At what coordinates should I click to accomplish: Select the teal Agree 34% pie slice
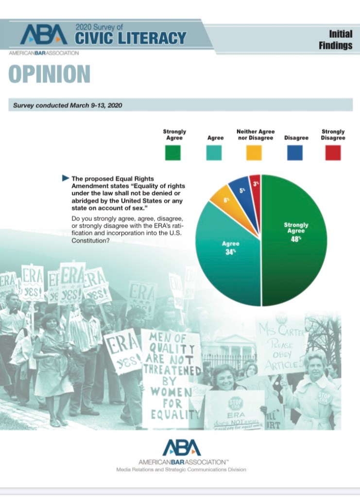[228, 252]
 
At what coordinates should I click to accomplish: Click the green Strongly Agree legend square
[172, 153]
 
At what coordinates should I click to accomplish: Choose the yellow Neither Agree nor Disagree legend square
[254, 153]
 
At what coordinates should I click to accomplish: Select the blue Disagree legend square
[295, 153]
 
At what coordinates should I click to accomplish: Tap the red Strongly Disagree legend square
[333, 153]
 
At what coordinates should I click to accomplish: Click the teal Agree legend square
[214, 153]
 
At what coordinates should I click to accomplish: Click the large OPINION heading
[49, 74]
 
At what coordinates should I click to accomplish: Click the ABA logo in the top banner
[44, 35]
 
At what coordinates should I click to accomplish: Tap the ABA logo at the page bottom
[181, 447]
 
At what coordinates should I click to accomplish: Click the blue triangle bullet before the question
[66, 178]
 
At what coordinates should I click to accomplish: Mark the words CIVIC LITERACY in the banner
[131, 38]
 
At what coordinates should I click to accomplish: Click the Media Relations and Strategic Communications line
[181, 470]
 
